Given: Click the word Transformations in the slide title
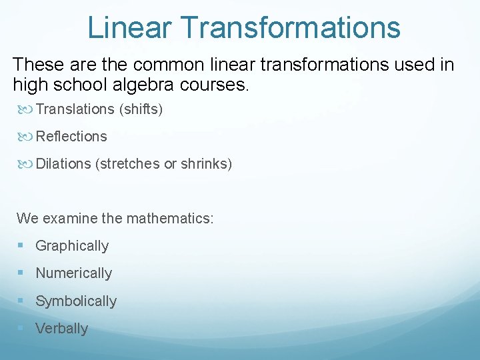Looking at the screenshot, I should tap(291, 28).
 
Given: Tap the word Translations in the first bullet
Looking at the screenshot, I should tap(75, 109).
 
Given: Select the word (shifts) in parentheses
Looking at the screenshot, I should tap(141, 109).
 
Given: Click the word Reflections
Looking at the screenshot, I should tap(71, 136).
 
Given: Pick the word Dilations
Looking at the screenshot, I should tap(63, 163).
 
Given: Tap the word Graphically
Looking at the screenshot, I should tap(72, 246).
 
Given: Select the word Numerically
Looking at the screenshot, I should tap(73, 273).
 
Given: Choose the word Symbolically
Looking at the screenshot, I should tap(76, 301).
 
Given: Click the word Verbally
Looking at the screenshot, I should tap(61, 329).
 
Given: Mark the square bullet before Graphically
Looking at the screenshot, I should tap(21, 246).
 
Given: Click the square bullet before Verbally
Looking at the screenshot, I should tap(21, 329).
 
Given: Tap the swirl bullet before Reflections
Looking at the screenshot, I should tap(25, 136).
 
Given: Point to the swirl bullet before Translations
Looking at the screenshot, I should tap(25, 109).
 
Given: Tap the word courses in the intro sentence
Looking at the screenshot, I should tap(217, 85).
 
